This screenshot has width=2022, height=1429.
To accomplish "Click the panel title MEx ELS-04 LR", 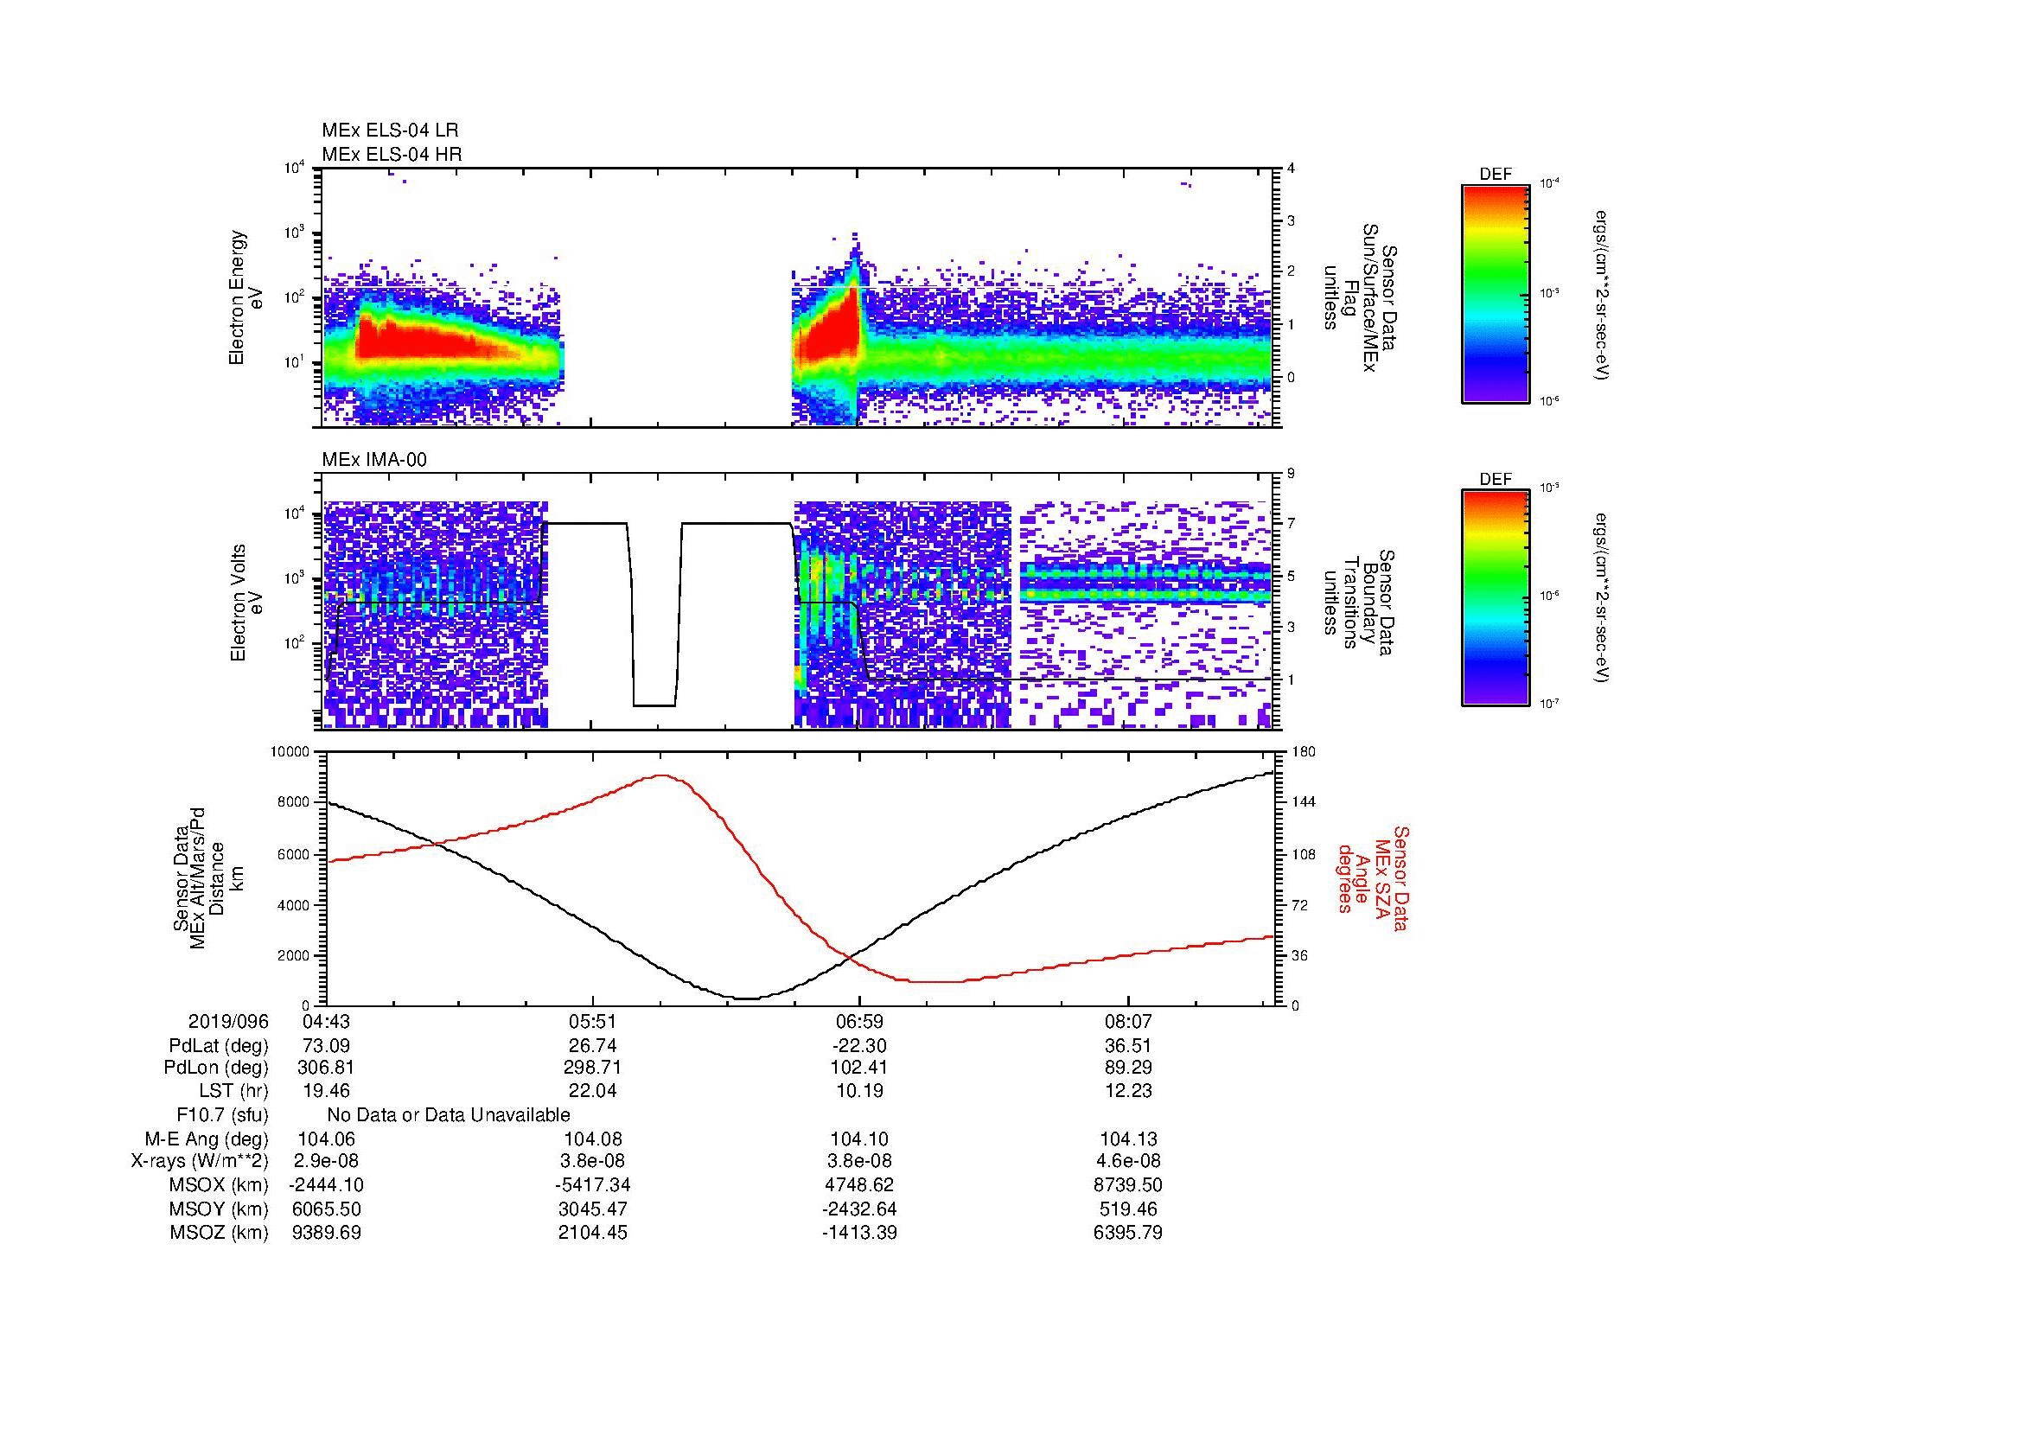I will pos(389,131).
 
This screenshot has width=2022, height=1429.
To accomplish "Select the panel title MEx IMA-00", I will pos(374,460).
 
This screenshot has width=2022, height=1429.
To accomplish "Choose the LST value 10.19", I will pos(859,1091).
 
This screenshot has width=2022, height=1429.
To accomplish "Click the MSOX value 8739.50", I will pos(1127,1185).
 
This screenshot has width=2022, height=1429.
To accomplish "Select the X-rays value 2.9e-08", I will pos(326,1161).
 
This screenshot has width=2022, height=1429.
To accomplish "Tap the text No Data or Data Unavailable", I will pos(449,1114).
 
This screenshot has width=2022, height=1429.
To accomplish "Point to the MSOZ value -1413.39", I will pos(859,1233).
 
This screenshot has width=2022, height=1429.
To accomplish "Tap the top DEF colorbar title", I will pos(1495,175).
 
